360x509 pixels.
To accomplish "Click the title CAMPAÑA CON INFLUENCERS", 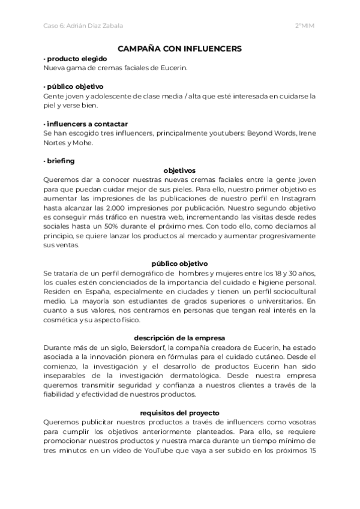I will [x=179, y=48].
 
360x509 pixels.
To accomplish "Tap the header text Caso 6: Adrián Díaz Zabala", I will [x=83, y=26].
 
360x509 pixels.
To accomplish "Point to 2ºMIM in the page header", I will [x=305, y=26].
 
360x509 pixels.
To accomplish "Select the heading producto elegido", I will [x=76, y=58].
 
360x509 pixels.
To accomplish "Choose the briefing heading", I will [x=59, y=160].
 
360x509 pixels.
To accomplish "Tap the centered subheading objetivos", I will [x=179, y=170].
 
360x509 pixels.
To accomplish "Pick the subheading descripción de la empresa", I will [x=179, y=337].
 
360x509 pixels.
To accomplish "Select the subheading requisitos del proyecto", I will [x=179, y=413].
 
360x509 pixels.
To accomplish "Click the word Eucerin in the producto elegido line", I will [x=173, y=67].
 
